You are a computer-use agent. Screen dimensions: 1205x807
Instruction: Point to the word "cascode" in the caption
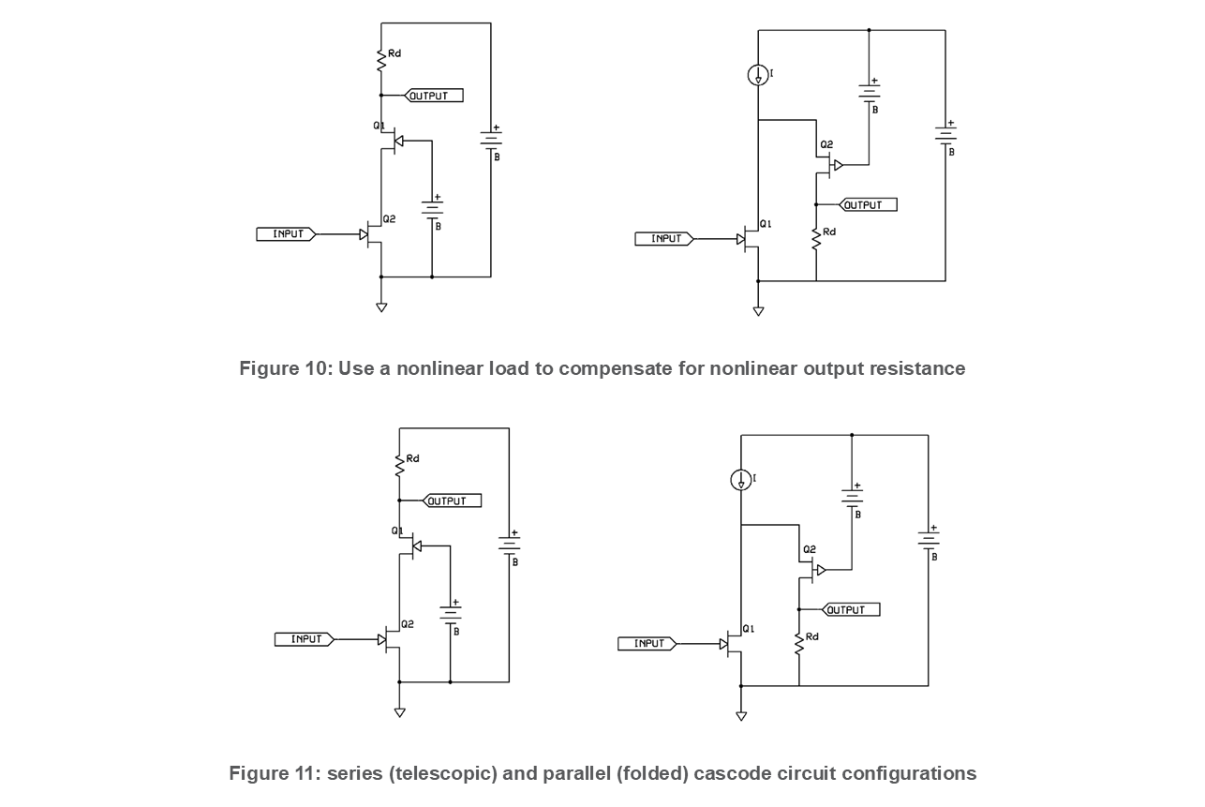point(729,773)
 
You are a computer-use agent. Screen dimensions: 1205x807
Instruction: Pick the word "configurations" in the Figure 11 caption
point(909,774)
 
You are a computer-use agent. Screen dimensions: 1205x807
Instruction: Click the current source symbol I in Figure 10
point(758,75)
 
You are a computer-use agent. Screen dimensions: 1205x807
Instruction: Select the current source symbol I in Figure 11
point(741,480)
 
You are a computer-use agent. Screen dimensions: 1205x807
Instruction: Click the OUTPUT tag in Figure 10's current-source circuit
point(868,205)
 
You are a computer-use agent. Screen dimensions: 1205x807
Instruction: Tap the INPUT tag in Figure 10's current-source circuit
point(664,238)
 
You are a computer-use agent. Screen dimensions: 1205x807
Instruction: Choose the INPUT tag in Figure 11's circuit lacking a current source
point(305,639)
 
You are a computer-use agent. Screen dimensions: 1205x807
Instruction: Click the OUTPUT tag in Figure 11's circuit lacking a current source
point(452,501)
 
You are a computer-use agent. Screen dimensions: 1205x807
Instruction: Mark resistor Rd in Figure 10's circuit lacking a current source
point(381,60)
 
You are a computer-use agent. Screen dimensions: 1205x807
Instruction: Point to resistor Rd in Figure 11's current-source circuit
point(799,644)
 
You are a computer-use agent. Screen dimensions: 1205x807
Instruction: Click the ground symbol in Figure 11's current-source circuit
point(741,716)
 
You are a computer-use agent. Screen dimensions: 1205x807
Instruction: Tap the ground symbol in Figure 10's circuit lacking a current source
point(381,307)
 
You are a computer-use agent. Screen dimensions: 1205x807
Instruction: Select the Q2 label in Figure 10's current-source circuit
point(826,144)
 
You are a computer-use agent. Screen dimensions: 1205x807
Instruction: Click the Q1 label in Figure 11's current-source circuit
point(749,628)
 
